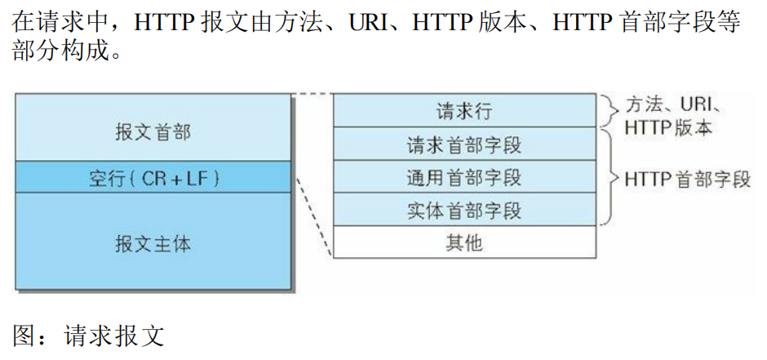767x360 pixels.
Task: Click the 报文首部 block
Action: point(153,130)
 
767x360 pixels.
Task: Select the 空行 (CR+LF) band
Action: point(153,177)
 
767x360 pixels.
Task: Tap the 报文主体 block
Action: point(153,242)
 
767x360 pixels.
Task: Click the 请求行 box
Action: point(464,110)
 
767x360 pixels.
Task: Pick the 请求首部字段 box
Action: point(464,144)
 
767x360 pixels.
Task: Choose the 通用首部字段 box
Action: point(464,177)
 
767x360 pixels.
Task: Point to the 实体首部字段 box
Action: point(464,211)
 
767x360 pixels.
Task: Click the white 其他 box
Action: point(464,243)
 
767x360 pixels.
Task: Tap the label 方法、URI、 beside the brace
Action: point(673,104)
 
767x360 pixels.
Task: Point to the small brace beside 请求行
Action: point(607,109)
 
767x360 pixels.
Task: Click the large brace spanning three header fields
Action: point(608,176)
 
